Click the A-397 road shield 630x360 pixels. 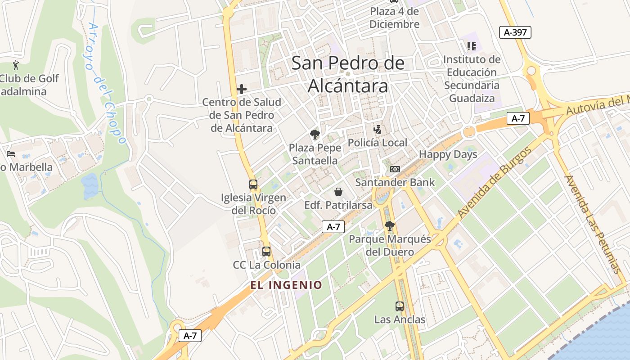(x=515, y=32)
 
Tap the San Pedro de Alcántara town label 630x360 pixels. (x=348, y=74)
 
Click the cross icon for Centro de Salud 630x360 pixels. (x=242, y=89)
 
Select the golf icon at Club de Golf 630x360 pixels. (x=16, y=65)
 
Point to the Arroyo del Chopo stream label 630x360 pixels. (x=106, y=83)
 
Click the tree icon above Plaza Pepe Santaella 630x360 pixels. (x=315, y=134)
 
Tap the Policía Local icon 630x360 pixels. (x=377, y=130)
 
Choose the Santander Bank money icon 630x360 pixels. (x=395, y=169)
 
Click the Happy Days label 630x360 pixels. (x=448, y=154)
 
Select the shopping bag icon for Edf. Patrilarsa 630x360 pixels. (x=338, y=192)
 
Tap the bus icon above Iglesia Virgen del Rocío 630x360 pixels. (x=253, y=184)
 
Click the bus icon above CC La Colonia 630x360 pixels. (x=266, y=252)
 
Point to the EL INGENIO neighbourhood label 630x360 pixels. (x=287, y=285)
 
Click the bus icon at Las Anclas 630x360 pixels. (x=400, y=306)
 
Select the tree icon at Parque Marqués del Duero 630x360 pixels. (x=390, y=226)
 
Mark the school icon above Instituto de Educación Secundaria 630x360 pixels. (x=472, y=46)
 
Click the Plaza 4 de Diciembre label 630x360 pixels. (x=394, y=18)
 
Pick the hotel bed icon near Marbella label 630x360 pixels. (x=11, y=154)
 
